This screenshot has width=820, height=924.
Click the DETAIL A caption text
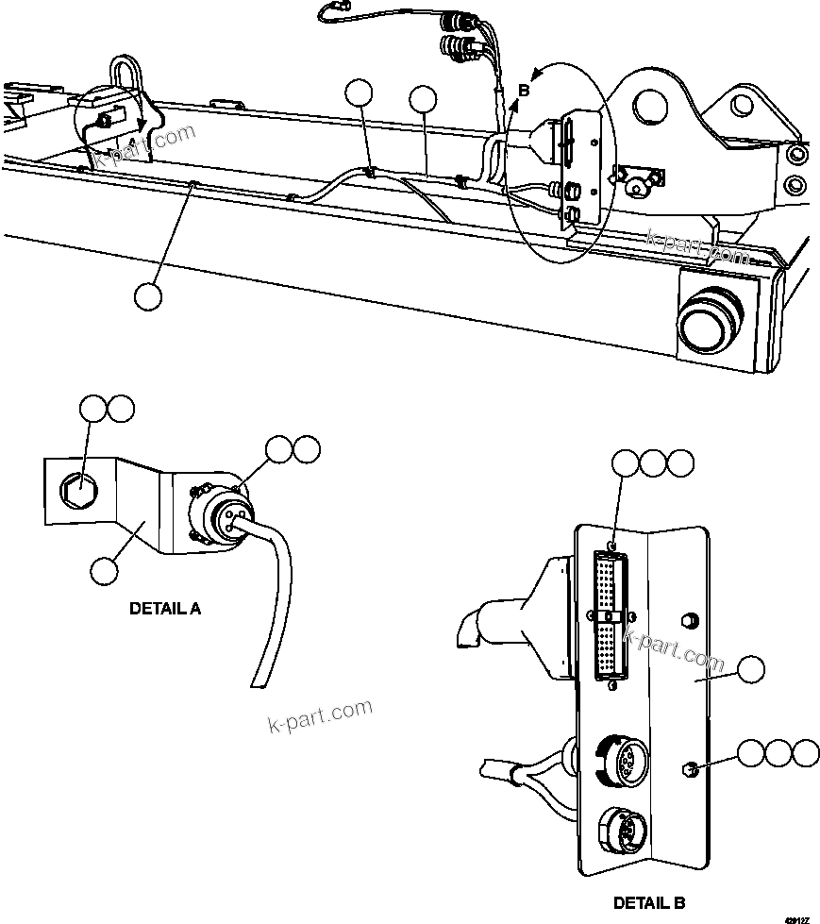(x=164, y=609)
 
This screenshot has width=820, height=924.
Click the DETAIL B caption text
(x=649, y=902)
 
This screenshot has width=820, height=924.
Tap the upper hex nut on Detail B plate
(x=688, y=620)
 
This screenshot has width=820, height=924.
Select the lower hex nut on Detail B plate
(x=691, y=770)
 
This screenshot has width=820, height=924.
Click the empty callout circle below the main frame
(x=148, y=295)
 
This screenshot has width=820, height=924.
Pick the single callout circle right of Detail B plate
(x=751, y=670)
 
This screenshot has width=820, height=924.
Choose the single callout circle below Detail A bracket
(x=105, y=569)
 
